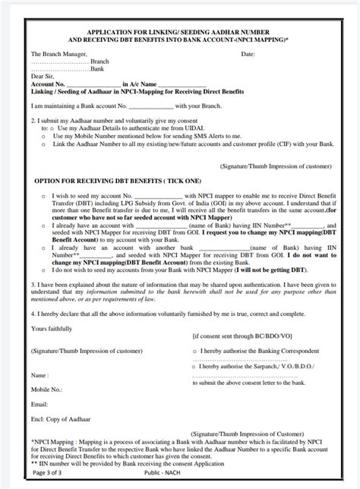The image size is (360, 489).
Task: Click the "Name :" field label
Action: click(x=40, y=375)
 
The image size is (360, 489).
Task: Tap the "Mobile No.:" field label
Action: click(x=46, y=389)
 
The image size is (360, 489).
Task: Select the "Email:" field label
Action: click(x=39, y=403)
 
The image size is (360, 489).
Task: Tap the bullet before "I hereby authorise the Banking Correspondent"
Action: click(x=195, y=352)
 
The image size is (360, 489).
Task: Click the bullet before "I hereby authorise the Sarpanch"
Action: click(x=195, y=366)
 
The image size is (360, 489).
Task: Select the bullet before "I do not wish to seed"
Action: click(x=44, y=270)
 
